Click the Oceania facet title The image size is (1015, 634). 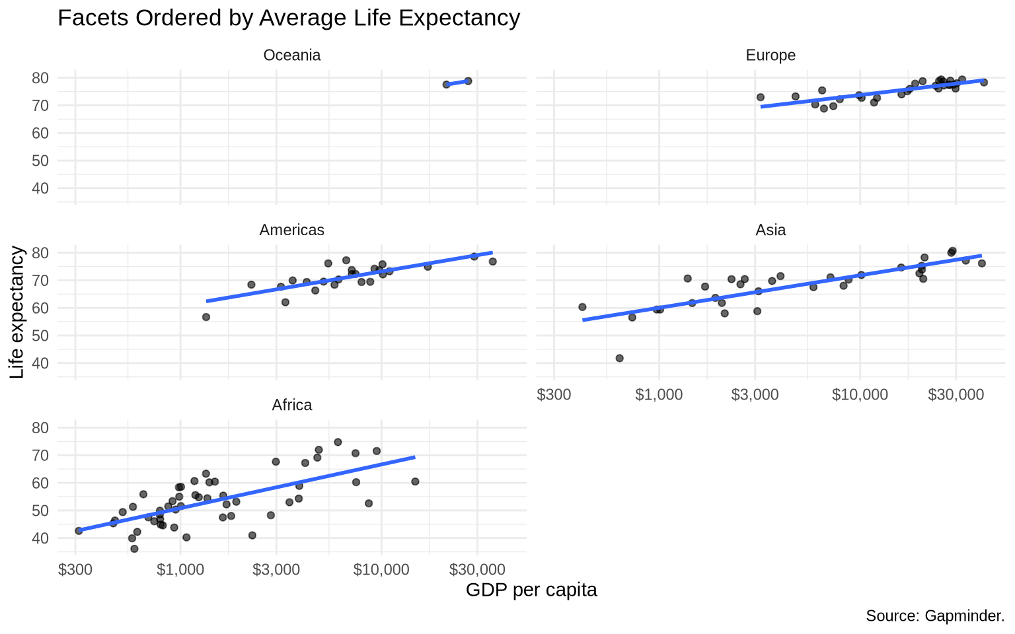coord(292,55)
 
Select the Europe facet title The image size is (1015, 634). coord(771,55)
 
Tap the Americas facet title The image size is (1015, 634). coord(292,230)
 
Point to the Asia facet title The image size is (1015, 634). coord(771,230)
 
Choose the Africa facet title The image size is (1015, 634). coord(292,405)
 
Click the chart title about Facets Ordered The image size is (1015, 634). coord(289,18)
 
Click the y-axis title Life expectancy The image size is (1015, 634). coord(17,312)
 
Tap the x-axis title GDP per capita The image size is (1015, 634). coord(531,590)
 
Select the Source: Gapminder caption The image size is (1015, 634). coord(935,616)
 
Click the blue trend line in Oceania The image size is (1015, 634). coord(457,83)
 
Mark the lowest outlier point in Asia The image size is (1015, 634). coord(619,358)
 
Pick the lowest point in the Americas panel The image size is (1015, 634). coord(206,317)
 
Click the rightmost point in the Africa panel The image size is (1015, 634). coord(415,481)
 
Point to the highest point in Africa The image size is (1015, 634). coord(338,442)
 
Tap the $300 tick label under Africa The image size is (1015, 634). coord(75,569)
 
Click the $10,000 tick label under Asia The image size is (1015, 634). coord(860,394)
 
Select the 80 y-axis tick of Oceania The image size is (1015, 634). coord(40,78)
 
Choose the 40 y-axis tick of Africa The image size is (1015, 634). coord(40,538)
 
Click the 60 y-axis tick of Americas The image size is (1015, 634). coord(40,308)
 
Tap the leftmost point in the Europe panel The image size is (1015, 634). coord(761,97)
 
